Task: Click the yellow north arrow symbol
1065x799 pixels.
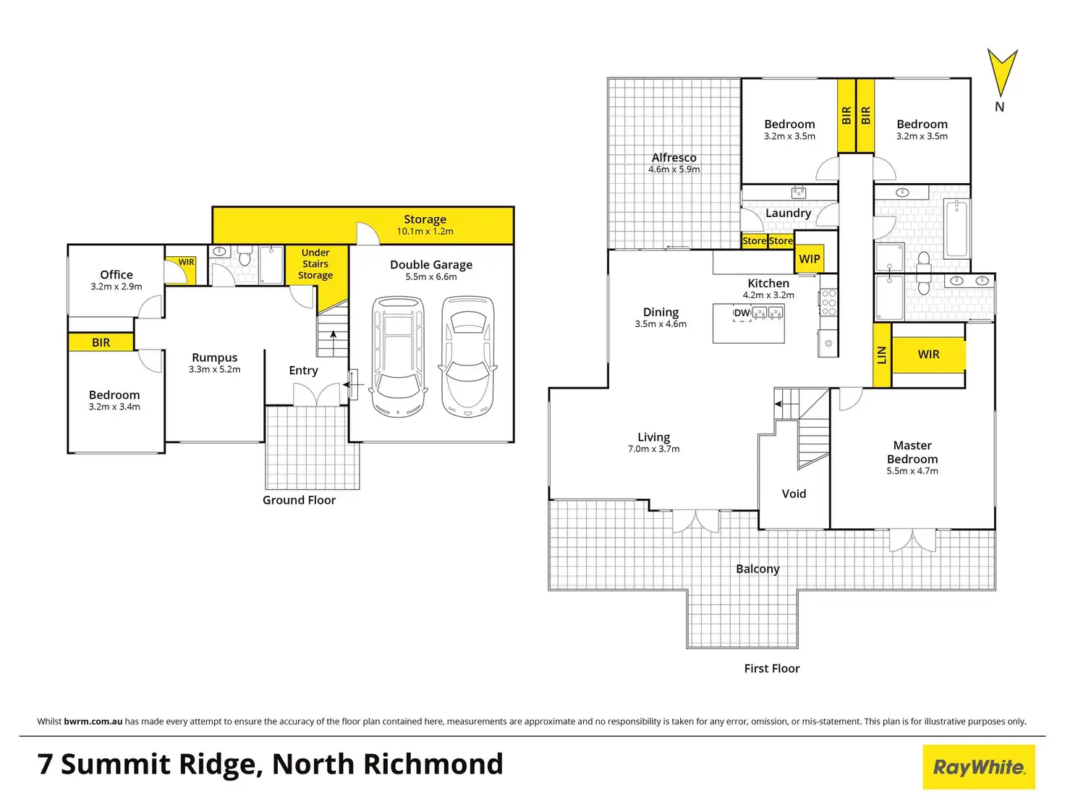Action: click(x=1002, y=72)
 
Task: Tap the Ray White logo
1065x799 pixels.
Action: click(x=979, y=767)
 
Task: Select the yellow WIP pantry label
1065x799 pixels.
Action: click(x=810, y=259)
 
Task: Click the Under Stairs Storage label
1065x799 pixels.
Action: click(x=315, y=264)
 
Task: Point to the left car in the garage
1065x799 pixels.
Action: click(x=397, y=356)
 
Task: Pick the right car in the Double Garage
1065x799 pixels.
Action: click(x=468, y=356)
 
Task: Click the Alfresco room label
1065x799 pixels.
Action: click(x=674, y=158)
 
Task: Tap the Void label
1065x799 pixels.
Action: click(x=794, y=494)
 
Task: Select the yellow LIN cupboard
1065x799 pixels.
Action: click(x=881, y=355)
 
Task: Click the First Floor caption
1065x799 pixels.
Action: click(x=772, y=669)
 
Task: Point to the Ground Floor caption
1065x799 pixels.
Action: click(x=299, y=500)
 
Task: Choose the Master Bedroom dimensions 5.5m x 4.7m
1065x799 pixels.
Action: click(x=912, y=471)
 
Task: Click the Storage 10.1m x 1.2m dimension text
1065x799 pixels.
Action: click(x=425, y=232)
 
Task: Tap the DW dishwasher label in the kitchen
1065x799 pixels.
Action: click(x=742, y=313)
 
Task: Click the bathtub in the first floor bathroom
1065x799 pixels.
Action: click(x=956, y=229)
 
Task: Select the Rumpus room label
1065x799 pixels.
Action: click(x=214, y=358)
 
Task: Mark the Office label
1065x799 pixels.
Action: click(x=116, y=275)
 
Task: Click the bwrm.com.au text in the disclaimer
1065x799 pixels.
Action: click(x=93, y=722)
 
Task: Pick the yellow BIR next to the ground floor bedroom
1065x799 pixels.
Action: click(x=101, y=342)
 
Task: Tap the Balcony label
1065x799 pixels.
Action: click(x=758, y=569)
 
